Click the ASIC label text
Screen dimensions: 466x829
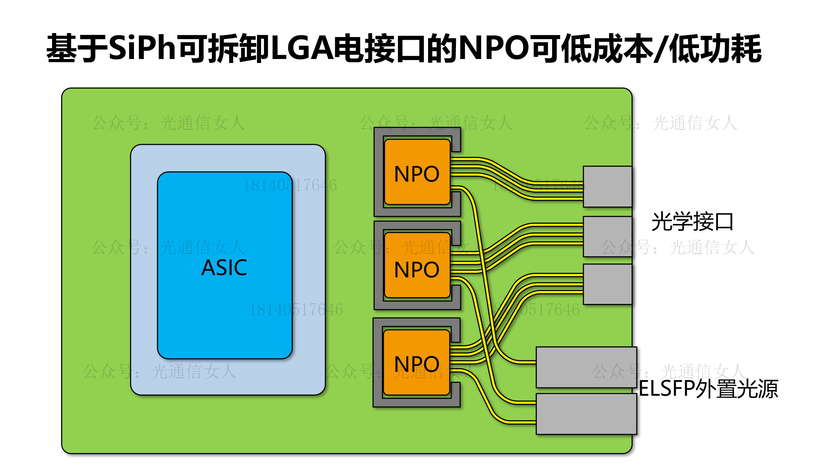(224, 267)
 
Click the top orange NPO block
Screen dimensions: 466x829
(417, 172)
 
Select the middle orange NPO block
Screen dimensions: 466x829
(417, 265)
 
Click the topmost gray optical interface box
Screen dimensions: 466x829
(607, 187)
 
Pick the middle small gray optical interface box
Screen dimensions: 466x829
(607, 236)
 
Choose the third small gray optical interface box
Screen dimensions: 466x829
(607, 284)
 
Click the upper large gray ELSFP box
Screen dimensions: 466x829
(586, 367)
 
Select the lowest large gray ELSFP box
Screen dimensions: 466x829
(586, 414)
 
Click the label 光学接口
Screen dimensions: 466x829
(692, 222)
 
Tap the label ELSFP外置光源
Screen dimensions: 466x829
(708, 389)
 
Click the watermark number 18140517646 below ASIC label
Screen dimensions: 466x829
(296, 310)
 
